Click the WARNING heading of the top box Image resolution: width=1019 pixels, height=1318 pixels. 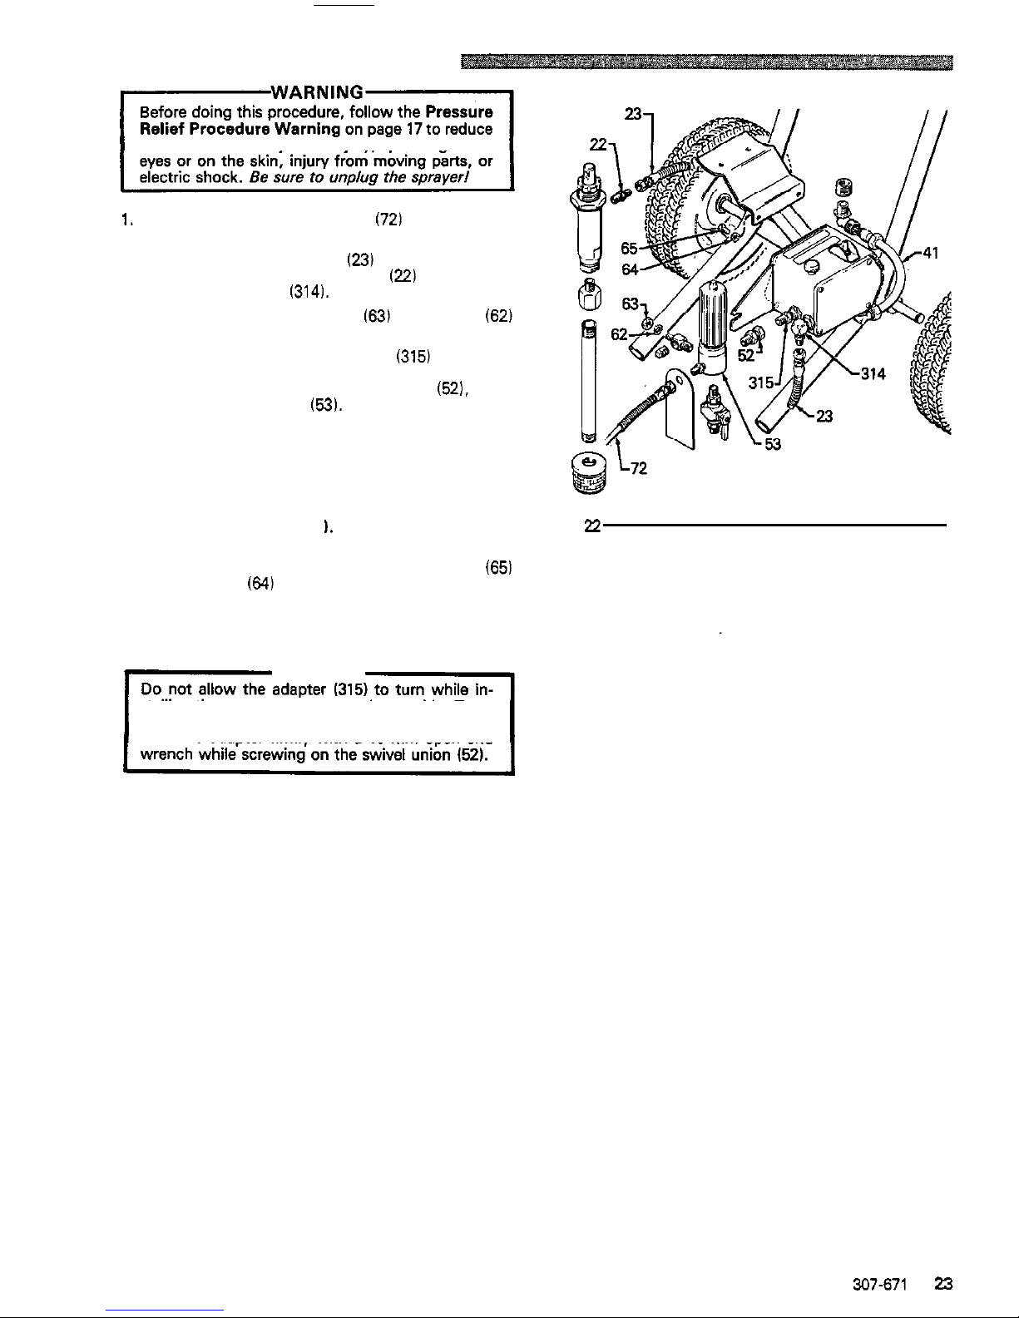[x=316, y=91]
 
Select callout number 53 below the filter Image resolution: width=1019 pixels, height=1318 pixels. [x=773, y=444]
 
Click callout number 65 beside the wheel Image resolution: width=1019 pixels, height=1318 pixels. [x=630, y=247]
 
